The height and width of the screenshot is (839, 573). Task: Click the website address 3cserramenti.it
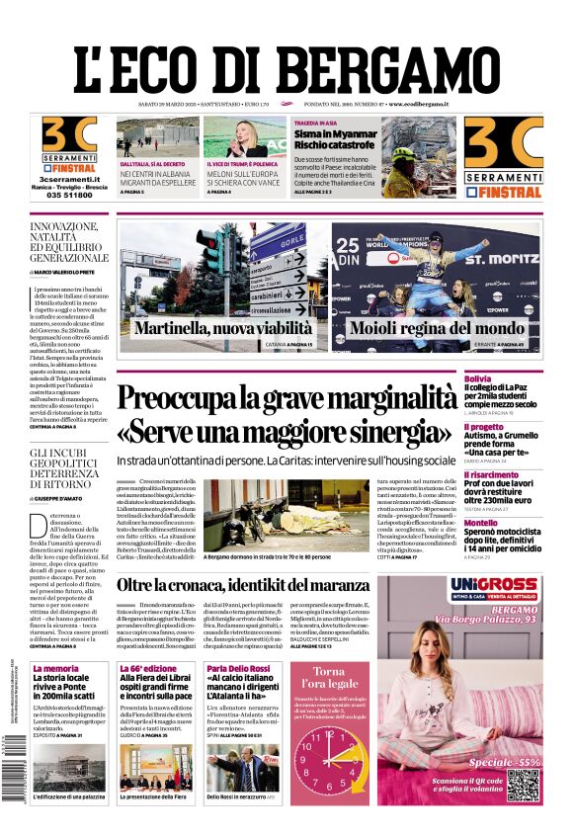68,177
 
